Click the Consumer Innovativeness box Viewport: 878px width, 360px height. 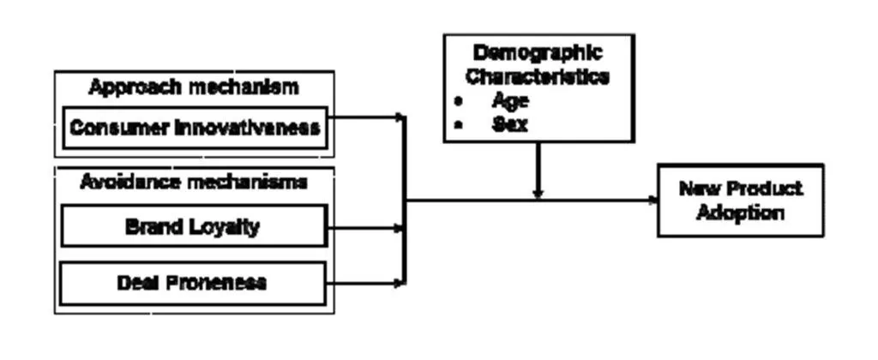[195, 128]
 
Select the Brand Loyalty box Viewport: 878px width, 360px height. [193, 227]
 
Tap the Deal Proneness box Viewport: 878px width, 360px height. [193, 283]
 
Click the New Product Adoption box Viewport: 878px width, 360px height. [740, 201]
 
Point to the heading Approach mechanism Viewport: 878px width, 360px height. [194, 87]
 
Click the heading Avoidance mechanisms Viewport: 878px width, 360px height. [194, 182]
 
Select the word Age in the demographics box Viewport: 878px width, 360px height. [510, 100]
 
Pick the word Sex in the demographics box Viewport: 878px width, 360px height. [509, 123]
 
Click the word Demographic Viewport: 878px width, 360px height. [538, 53]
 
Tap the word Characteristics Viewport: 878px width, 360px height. [538, 76]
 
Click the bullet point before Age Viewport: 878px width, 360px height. [459, 101]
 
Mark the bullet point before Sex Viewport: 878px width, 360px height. [459, 125]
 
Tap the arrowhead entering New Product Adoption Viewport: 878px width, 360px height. [652, 201]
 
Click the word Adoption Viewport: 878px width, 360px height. [740, 213]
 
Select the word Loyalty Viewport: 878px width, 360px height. [226, 227]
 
